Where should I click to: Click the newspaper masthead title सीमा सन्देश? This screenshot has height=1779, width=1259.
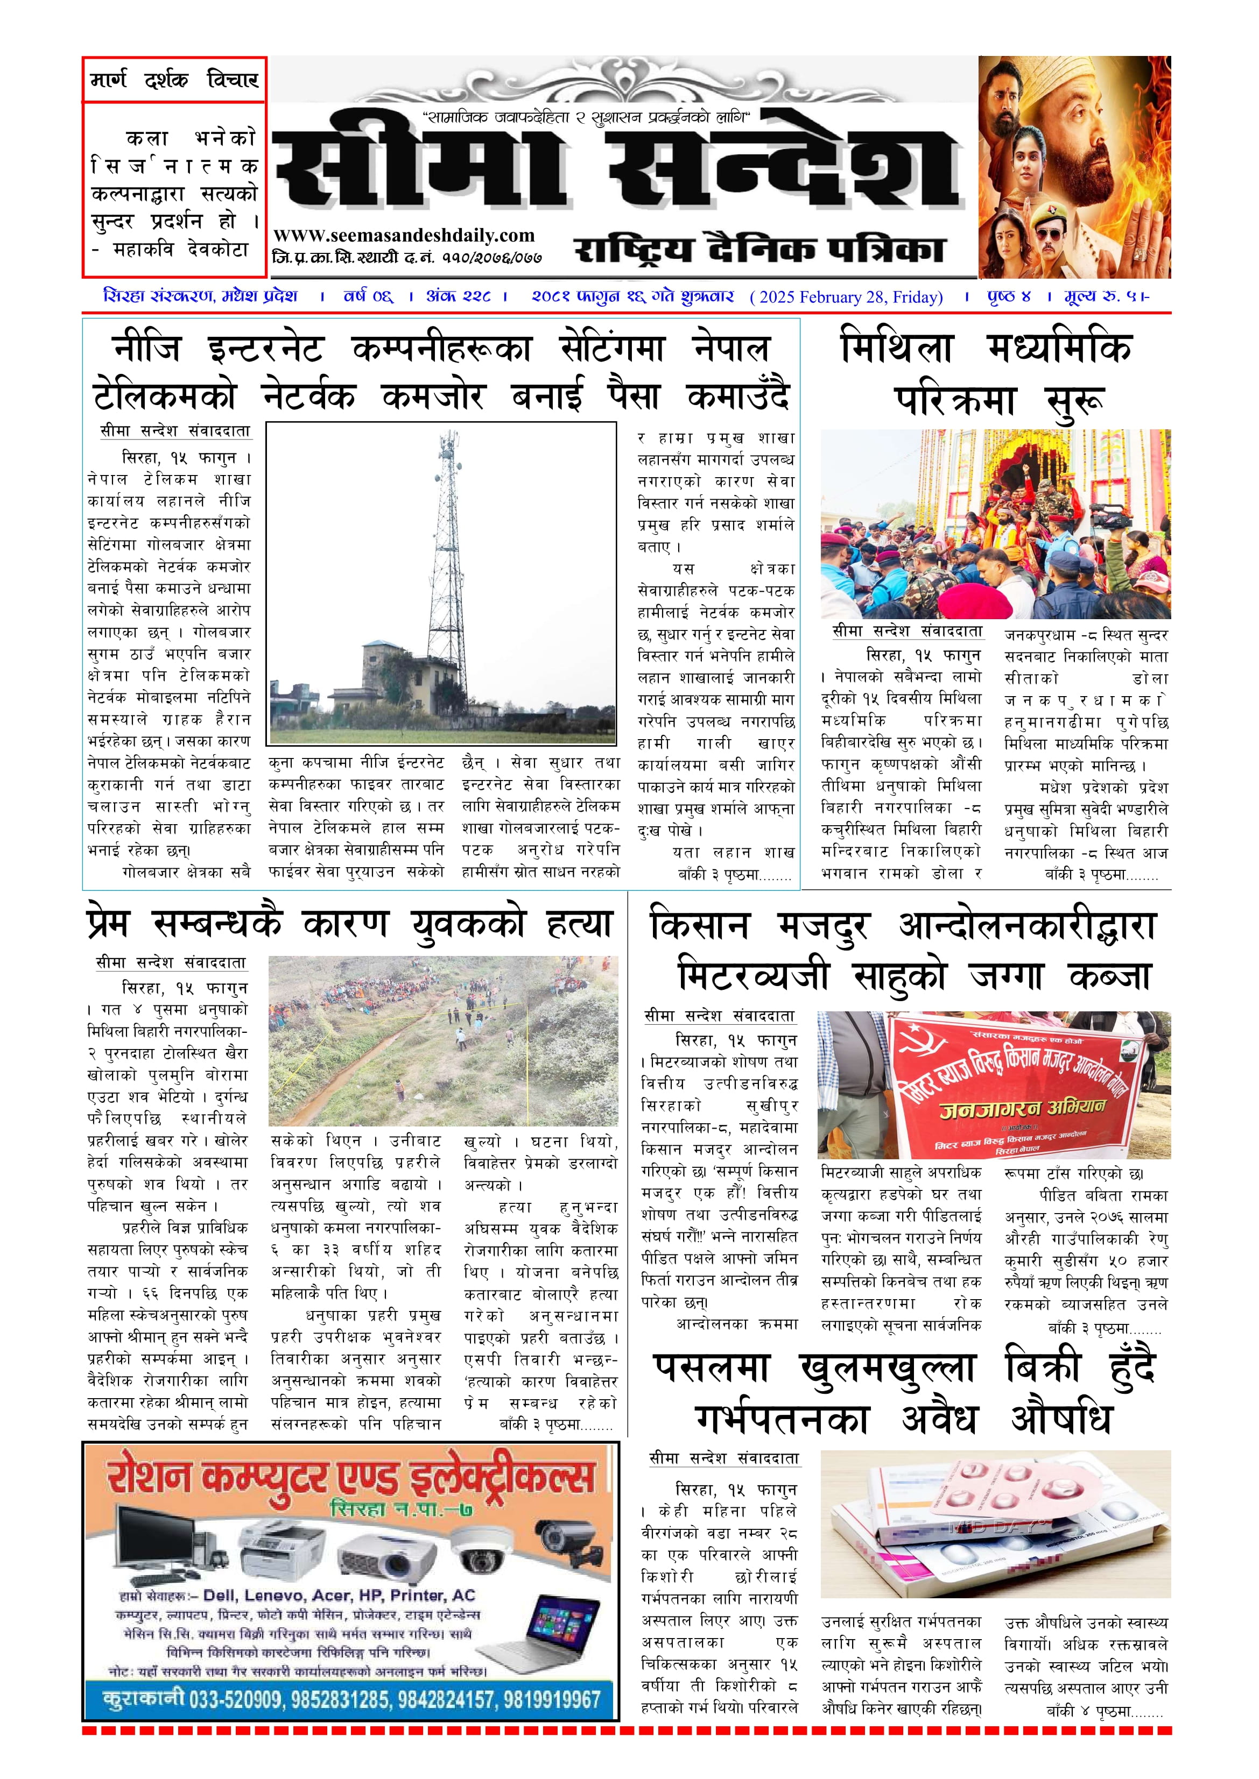pyautogui.click(x=616, y=167)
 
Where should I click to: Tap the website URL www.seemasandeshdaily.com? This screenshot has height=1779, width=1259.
pyautogui.click(x=404, y=236)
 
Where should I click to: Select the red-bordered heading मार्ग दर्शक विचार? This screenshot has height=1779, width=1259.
pyautogui.click(x=174, y=79)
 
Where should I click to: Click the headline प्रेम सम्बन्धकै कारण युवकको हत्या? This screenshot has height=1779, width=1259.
pyautogui.click(x=350, y=924)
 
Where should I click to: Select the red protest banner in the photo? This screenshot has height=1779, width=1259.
pyautogui.click(x=1016, y=1085)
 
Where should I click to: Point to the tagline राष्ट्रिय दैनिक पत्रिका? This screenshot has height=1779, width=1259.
pyautogui.click(x=759, y=250)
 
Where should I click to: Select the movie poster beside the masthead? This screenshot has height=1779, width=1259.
pyautogui.click(x=1074, y=167)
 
